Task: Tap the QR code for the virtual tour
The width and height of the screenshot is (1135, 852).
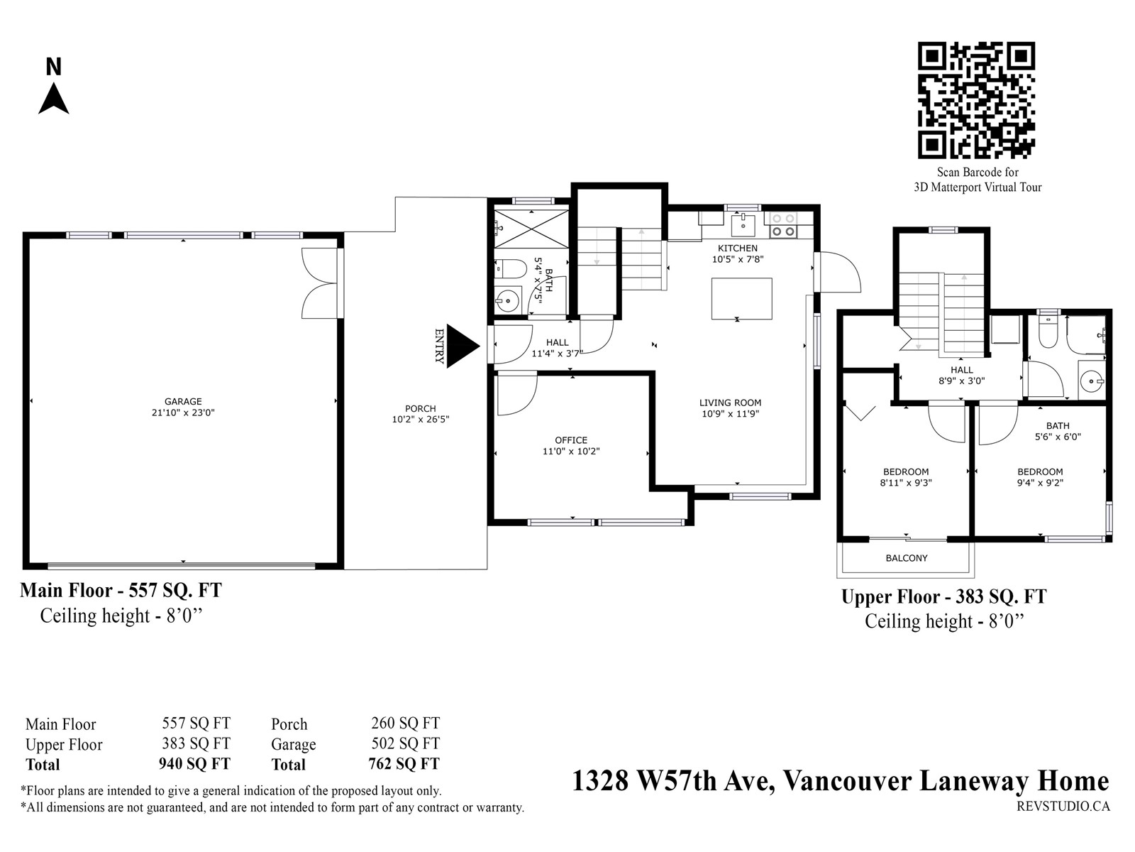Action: coord(976,100)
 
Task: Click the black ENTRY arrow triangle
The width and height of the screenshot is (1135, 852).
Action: coord(463,346)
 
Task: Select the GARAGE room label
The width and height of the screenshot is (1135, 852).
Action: coord(183,401)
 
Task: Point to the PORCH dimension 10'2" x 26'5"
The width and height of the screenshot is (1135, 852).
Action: coord(421,420)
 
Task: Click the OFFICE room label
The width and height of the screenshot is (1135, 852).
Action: coord(571,440)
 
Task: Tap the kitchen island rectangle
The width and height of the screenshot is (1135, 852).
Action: coord(741,298)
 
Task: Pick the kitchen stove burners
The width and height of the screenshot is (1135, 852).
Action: coord(783,225)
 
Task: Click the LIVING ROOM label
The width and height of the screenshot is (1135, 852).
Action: coord(730,403)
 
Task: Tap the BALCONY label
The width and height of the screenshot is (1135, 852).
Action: coord(907,558)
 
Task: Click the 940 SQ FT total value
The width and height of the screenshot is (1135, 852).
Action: coord(194,764)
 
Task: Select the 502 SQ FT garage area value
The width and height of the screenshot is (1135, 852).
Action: coord(405,743)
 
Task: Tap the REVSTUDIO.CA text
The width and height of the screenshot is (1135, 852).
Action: coord(1063,807)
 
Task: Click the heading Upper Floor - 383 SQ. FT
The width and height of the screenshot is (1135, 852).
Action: coord(943,596)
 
